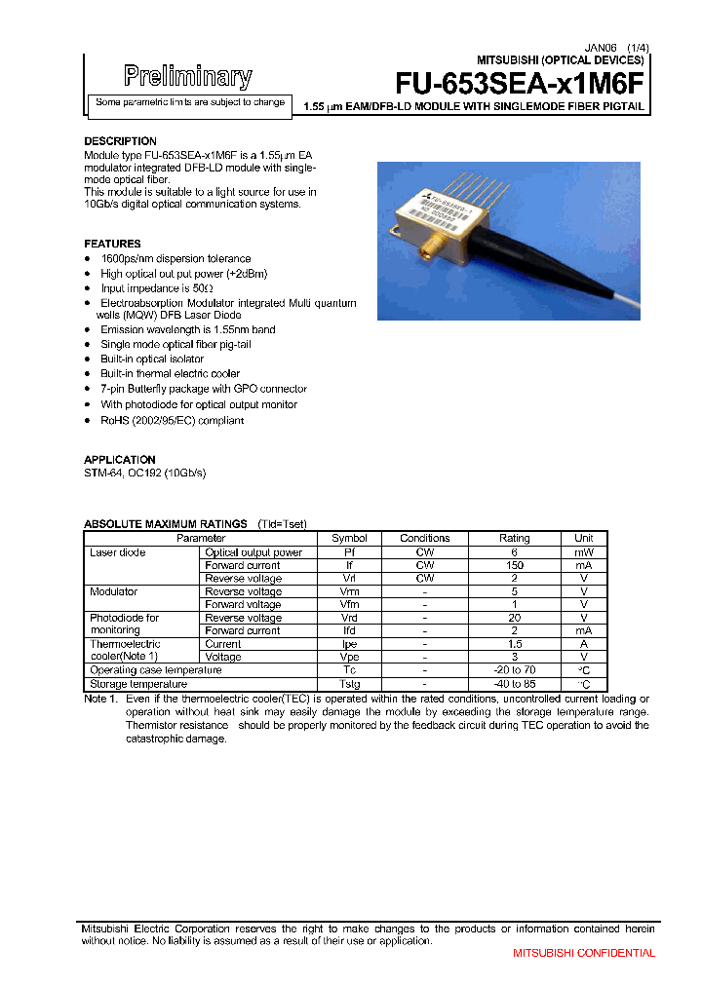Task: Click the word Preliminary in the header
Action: pos(188,76)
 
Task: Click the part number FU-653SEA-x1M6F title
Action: pos(520,84)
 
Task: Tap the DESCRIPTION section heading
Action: pos(120,141)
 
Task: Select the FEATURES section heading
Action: pos(112,244)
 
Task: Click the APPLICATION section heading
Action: pos(120,459)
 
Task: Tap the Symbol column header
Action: pos(349,538)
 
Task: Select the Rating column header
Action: pos(514,538)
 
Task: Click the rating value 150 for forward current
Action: pos(514,565)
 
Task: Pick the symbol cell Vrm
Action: pos(349,591)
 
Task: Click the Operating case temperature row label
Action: pos(155,670)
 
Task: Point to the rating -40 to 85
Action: pos(514,684)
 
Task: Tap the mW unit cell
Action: pos(583,552)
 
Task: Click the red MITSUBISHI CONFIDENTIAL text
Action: pos(584,953)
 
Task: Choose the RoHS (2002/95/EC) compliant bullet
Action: pos(172,420)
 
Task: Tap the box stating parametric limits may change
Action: pos(189,102)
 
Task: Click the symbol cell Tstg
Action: pos(349,684)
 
